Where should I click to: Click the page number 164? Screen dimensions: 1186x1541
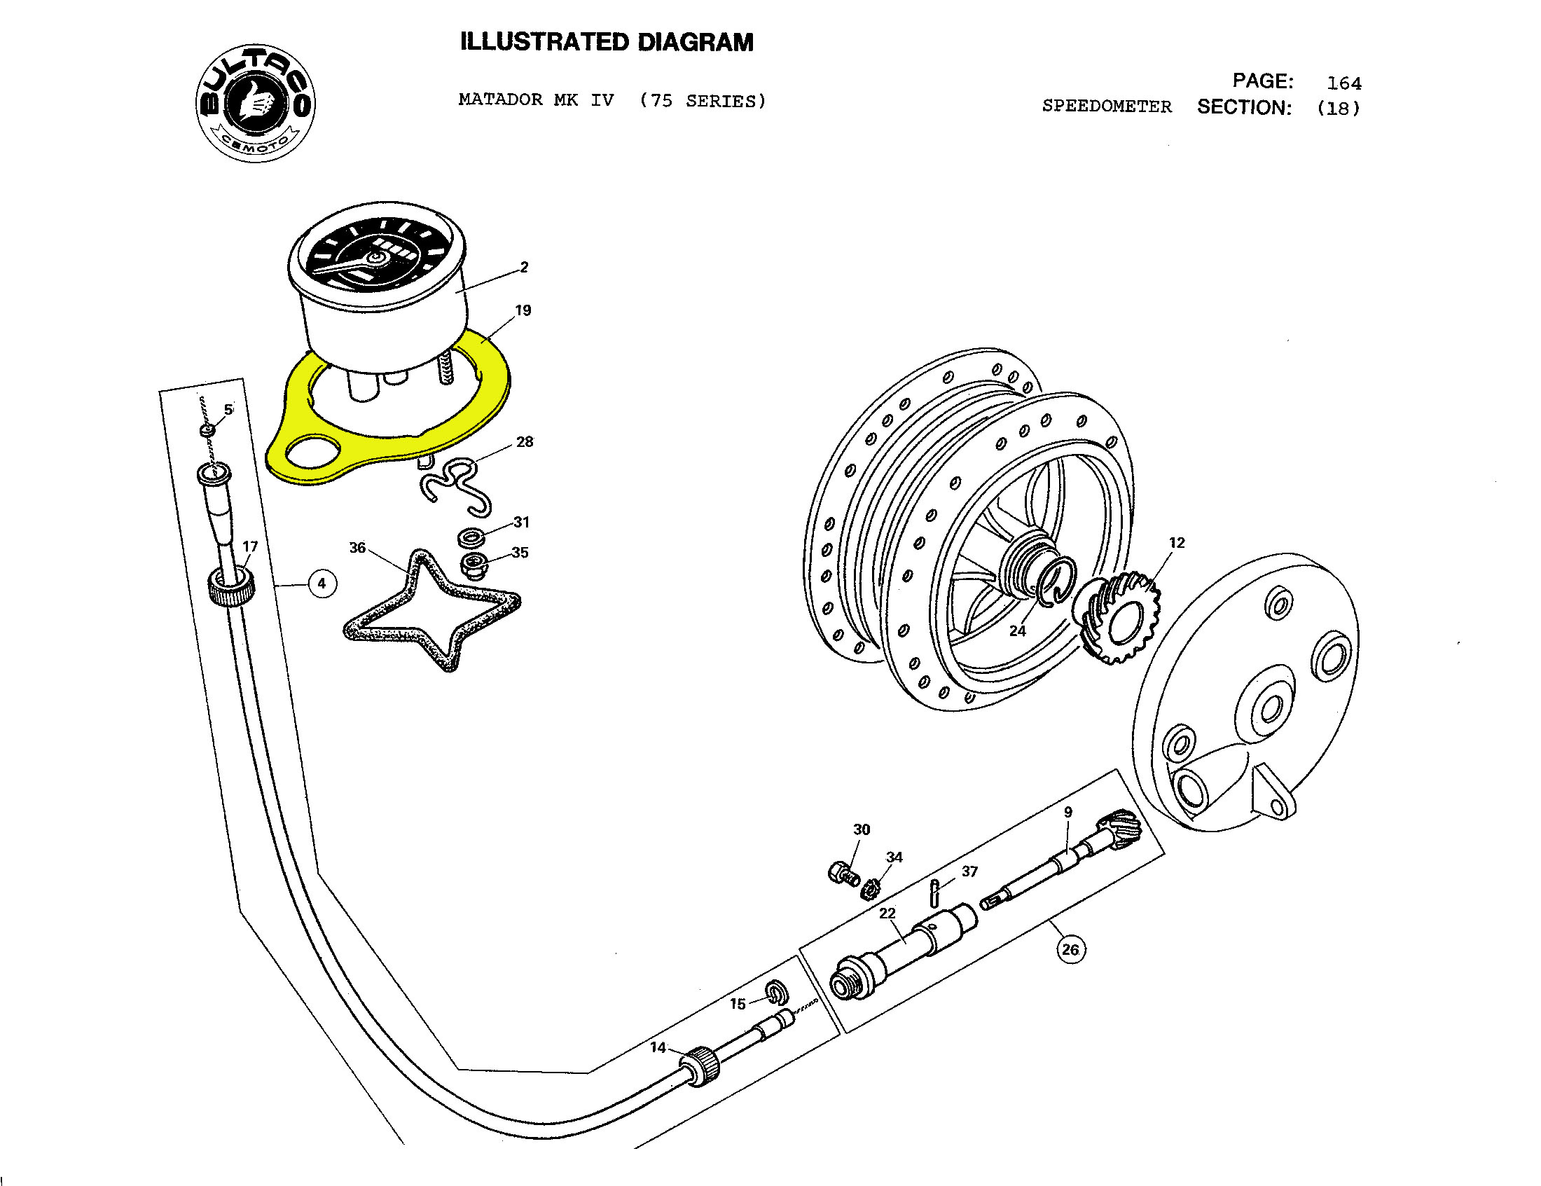coord(1343,83)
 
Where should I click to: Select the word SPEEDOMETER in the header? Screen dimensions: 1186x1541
coord(1106,106)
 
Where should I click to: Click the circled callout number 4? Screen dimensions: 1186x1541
coord(322,584)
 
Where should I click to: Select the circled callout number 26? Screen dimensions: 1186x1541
coord(1070,950)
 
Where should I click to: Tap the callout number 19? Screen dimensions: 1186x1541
coord(523,310)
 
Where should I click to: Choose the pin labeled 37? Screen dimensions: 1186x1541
coord(935,894)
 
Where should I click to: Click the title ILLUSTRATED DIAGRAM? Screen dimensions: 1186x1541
coord(606,42)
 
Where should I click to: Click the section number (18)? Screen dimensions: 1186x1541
coord(1338,109)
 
